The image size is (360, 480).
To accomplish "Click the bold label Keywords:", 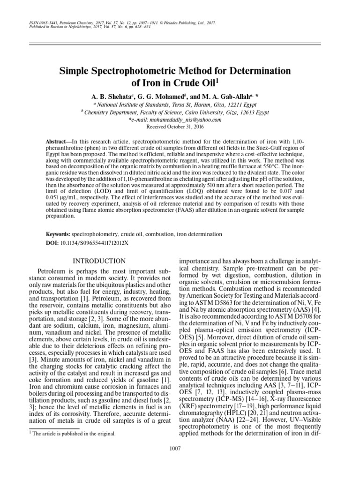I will click(x=58, y=234).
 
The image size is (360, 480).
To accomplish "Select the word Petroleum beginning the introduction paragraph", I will click(x=52, y=271).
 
